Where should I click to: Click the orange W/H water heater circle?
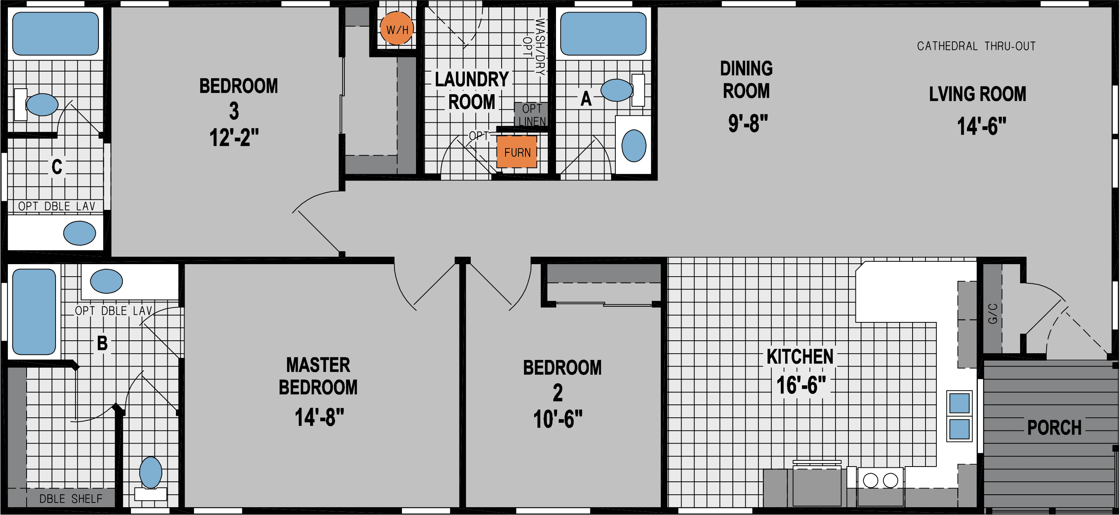click(x=396, y=29)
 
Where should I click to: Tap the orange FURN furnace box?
click(x=516, y=152)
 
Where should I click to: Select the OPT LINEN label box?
click(x=531, y=114)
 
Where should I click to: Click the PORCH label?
click(x=1054, y=428)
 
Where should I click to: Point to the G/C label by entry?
click(x=993, y=313)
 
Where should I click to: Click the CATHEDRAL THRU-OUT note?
click(x=976, y=46)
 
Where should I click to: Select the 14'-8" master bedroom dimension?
click(x=319, y=417)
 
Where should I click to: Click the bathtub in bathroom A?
click(x=603, y=34)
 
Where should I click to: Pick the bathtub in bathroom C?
click(x=55, y=34)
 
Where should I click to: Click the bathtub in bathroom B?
click(x=34, y=311)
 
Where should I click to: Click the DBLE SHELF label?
click(x=71, y=499)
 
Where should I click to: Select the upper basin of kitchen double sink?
click(x=959, y=403)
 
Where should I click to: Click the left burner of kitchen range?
click(x=870, y=480)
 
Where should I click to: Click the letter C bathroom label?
click(x=56, y=167)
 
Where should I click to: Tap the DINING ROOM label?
click(x=746, y=80)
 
